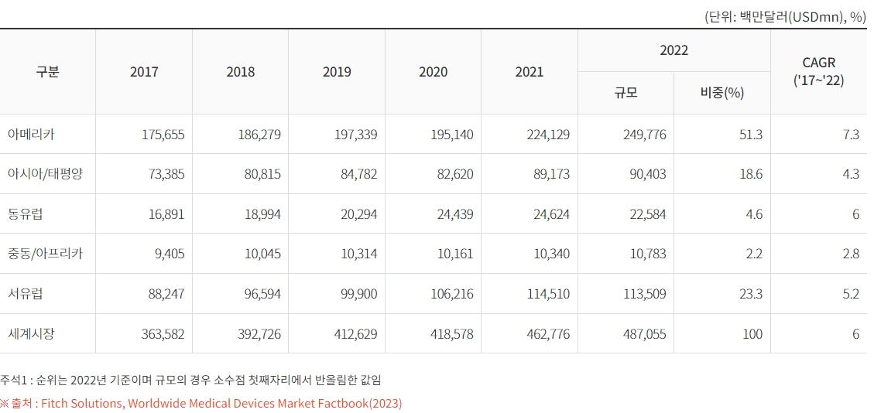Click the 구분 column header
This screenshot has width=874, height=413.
47,72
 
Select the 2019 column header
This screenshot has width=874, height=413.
337,72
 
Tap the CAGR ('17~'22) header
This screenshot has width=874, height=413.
818,72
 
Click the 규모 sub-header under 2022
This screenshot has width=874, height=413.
626,93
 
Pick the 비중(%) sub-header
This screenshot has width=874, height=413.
721,93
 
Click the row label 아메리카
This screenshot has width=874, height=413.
31,135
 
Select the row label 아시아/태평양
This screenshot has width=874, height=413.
44,174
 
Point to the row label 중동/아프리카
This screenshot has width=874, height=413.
44,254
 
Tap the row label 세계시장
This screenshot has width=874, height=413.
31,334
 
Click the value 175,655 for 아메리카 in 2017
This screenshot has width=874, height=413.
163,135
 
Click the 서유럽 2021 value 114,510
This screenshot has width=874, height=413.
549,294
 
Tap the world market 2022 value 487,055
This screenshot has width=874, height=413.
644,334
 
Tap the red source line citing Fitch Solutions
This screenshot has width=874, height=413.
201,403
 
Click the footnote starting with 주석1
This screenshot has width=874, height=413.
190,380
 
